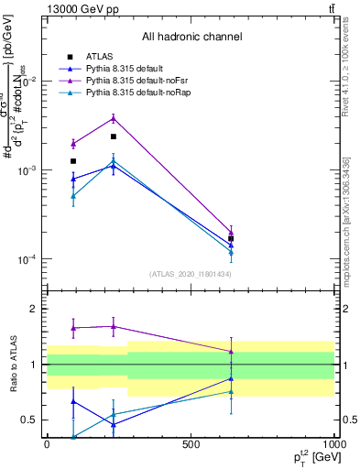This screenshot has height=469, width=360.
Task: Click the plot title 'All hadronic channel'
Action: click(x=191, y=37)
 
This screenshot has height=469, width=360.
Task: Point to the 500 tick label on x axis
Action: click(x=191, y=444)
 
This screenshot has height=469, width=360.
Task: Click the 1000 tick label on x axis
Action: click(x=333, y=444)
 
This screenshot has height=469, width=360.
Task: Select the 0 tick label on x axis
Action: click(x=47, y=444)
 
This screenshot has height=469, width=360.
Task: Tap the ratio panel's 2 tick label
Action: click(x=33, y=310)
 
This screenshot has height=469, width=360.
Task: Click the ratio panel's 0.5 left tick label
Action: click(x=28, y=420)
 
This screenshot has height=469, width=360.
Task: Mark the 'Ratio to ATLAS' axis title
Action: click(x=14, y=365)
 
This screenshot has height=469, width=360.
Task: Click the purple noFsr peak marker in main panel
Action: click(x=114, y=117)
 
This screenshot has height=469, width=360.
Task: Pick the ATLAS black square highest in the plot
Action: click(x=114, y=136)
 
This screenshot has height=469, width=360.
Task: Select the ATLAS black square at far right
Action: click(x=231, y=238)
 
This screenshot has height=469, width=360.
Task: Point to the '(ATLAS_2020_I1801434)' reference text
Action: click(x=190, y=274)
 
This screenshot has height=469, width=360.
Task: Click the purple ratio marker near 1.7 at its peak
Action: click(x=114, y=326)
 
